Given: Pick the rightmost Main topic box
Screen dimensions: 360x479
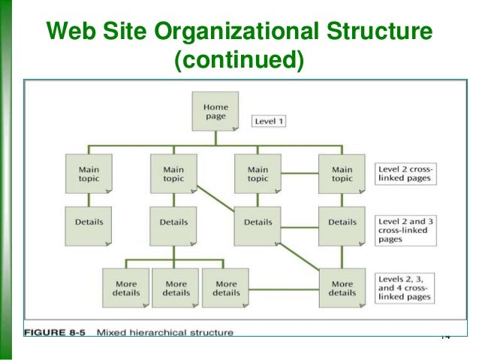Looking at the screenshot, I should coord(342,174).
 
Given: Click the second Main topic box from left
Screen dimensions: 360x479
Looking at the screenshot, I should coord(174,174).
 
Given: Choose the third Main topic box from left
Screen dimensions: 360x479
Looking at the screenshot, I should coord(258,174).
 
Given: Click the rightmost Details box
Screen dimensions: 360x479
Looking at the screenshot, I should coord(342,223).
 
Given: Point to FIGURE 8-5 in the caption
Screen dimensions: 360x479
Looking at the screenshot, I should coord(56,331).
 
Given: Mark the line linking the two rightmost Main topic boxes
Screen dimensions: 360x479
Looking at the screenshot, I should coord(300,174).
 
